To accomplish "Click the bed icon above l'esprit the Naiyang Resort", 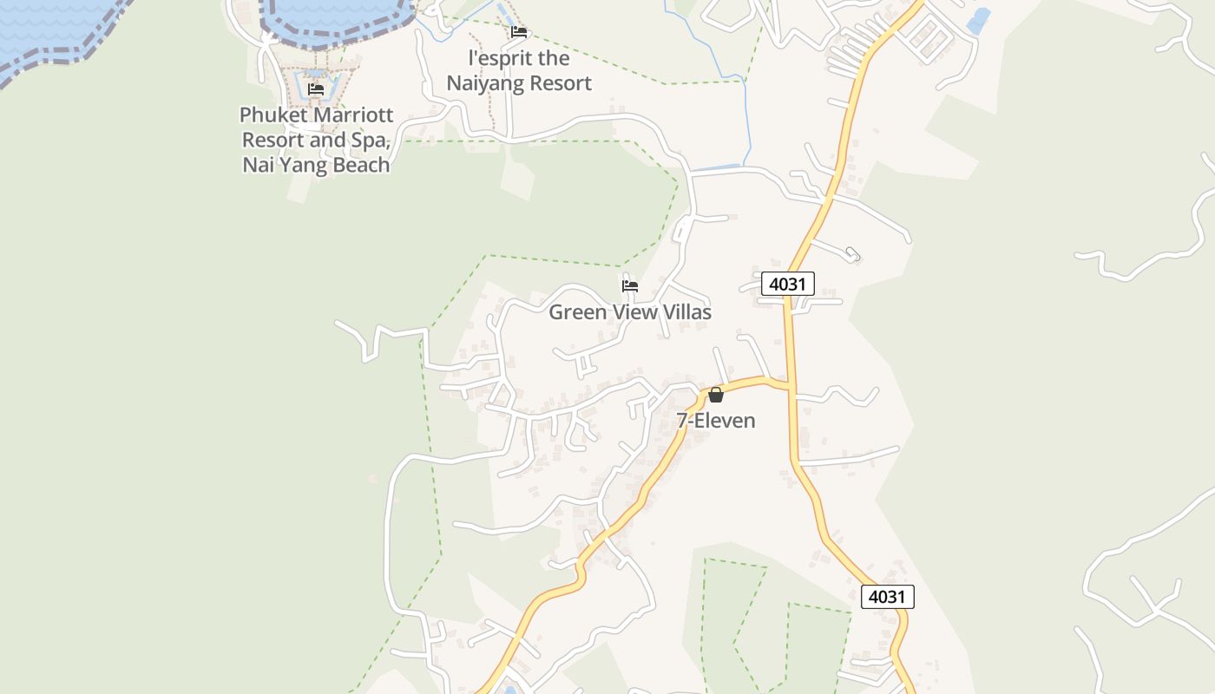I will tap(519, 32).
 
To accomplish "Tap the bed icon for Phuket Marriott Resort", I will tap(316, 88).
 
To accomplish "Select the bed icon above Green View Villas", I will tap(630, 285).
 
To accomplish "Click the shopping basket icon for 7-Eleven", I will tap(716, 396).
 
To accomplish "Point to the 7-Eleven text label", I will tap(716, 421).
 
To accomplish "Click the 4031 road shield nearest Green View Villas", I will tap(788, 284).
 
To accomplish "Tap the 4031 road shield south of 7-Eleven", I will tap(887, 597).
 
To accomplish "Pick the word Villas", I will tap(683, 312).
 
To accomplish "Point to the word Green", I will tap(577, 312).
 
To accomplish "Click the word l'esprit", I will tap(500, 59).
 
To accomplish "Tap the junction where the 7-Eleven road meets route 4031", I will tap(790, 384).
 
